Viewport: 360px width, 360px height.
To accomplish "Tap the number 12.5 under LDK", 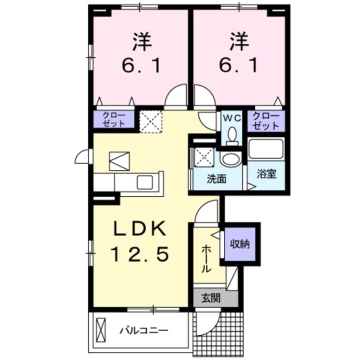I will (138, 255).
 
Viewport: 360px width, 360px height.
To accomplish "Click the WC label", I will (231, 118).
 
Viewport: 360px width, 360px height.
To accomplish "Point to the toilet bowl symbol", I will (231, 135).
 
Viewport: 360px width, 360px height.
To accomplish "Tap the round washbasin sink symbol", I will (230, 159).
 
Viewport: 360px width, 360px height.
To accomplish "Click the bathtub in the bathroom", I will (266, 149).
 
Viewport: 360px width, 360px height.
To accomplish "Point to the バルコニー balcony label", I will (143, 330).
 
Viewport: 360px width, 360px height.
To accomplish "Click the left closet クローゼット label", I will (113, 120).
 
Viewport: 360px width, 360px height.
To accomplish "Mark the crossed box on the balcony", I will (101, 329).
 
